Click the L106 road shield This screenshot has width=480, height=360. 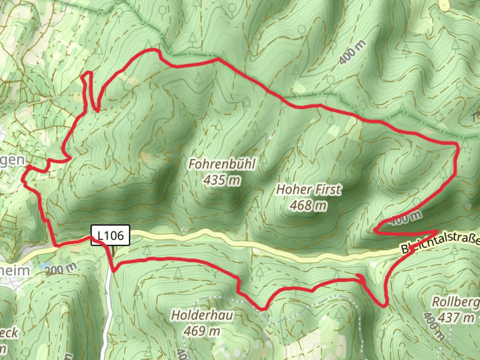[x=110, y=236]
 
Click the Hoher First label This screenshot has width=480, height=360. [x=309, y=190]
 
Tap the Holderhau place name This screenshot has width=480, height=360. [x=202, y=315]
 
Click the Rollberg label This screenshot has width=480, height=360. [x=455, y=302]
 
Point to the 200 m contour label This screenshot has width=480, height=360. [x=61, y=269]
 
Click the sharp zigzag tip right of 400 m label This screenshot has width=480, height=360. [x=437, y=231]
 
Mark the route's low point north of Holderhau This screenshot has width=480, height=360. [x=263, y=309]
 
